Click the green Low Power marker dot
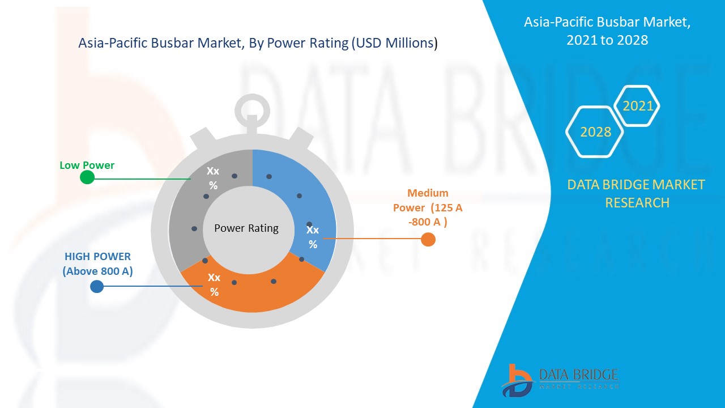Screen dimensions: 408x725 (87, 177)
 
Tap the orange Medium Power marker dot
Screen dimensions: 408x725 (428, 239)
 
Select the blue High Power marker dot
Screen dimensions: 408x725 (97, 286)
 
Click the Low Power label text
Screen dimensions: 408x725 (87, 165)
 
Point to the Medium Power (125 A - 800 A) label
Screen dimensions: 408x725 (428, 207)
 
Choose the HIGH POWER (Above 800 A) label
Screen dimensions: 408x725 (97, 263)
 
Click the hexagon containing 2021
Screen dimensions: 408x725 (637, 106)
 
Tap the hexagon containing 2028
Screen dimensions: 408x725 (595, 131)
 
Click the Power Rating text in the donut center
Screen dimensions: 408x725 (246, 228)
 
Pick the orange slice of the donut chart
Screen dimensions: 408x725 (255, 289)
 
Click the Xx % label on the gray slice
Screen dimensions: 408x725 (213, 178)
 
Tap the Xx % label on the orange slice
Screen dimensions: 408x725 (214, 284)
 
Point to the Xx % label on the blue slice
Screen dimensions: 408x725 (313, 237)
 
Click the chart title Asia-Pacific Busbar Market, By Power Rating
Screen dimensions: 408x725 (258, 44)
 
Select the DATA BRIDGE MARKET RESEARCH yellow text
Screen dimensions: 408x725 (637, 193)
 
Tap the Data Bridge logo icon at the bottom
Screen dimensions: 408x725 (517, 379)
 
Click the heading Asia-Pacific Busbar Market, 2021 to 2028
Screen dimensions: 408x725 (607, 31)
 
